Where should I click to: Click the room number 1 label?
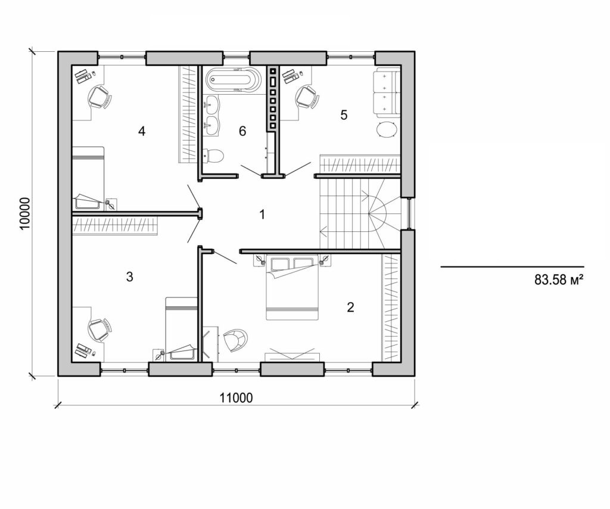(x=262, y=215)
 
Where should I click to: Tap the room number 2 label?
(x=350, y=307)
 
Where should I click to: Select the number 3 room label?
(x=130, y=277)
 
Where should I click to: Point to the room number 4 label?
(x=142, y=131)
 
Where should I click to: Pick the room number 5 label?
(x=344, y=115)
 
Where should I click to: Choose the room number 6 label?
(x=242, y=131)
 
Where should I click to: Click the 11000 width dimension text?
(x=236, y=398)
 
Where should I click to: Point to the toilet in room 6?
(x=213, y=156)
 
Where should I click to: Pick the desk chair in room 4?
(x=99, y=97)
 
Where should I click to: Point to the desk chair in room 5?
(x=306, y=97)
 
